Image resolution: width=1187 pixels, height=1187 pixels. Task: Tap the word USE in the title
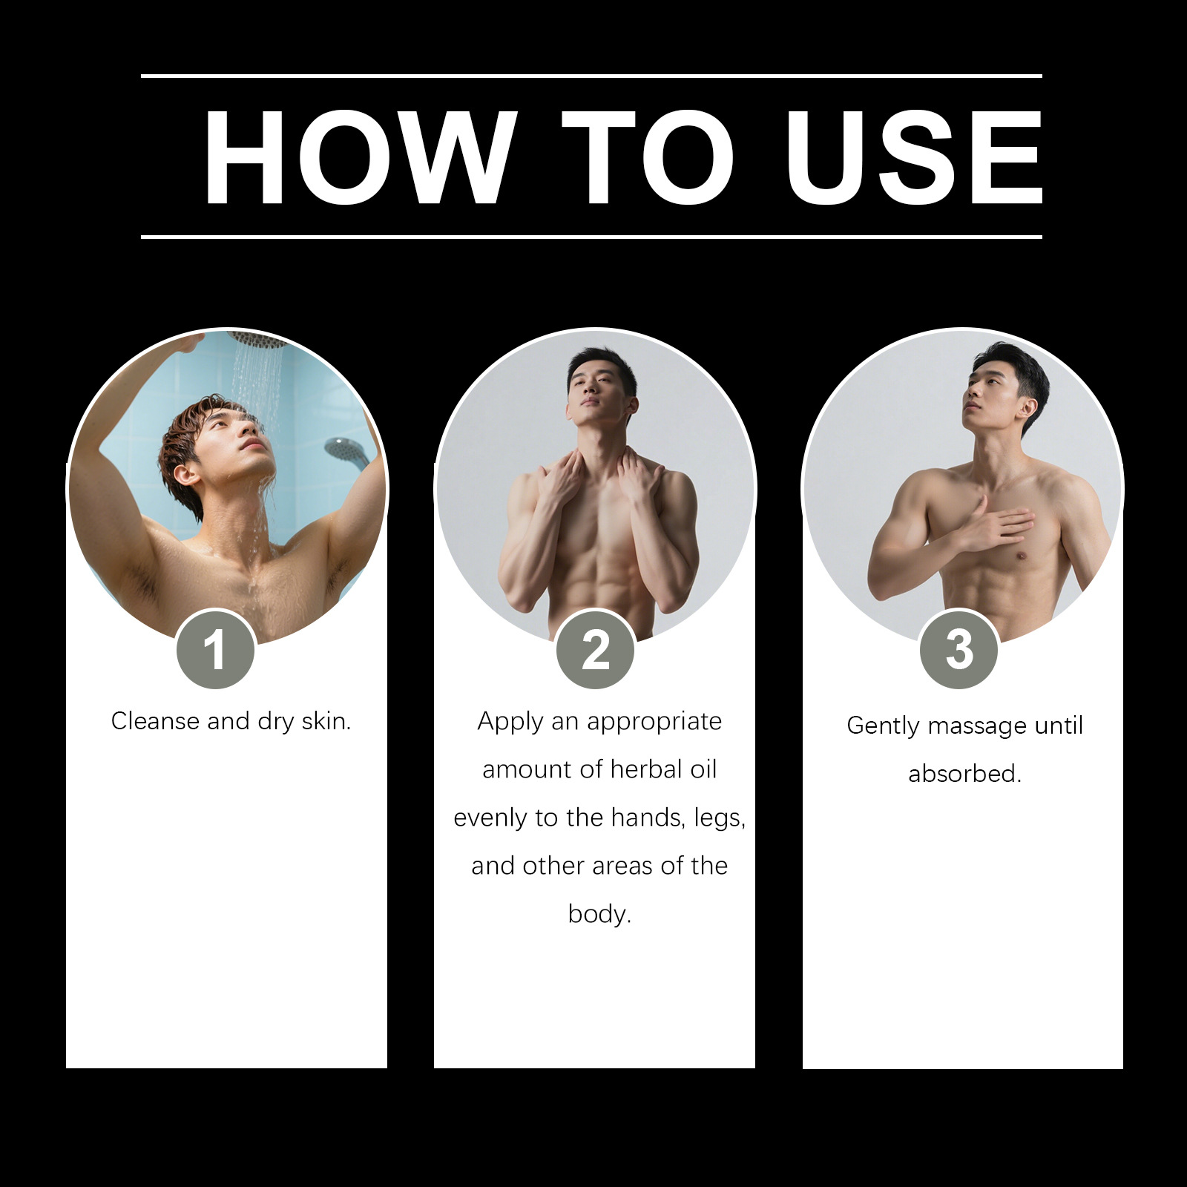[914, 157]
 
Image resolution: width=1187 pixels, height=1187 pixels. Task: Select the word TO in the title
[647, 157]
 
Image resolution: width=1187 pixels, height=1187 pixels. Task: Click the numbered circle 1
[215, 649]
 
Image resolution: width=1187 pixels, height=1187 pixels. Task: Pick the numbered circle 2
[595, 649]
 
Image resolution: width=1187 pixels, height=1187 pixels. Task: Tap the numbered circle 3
[959, 649]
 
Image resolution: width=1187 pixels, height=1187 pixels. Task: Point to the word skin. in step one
[326, 720]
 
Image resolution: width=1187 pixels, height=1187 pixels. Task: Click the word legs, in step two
[720, 818]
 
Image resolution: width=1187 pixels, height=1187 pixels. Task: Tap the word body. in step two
[599, 914]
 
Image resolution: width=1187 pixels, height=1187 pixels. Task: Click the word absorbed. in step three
[964, 773]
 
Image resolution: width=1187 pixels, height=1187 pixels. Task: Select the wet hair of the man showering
[197, 445]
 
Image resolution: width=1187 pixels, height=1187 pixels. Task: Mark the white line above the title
[591, 76]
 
